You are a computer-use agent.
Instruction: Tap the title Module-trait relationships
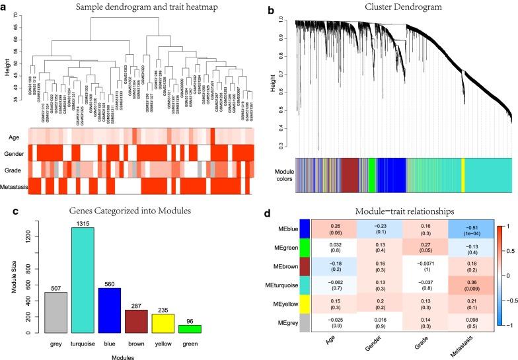[385, 212]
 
